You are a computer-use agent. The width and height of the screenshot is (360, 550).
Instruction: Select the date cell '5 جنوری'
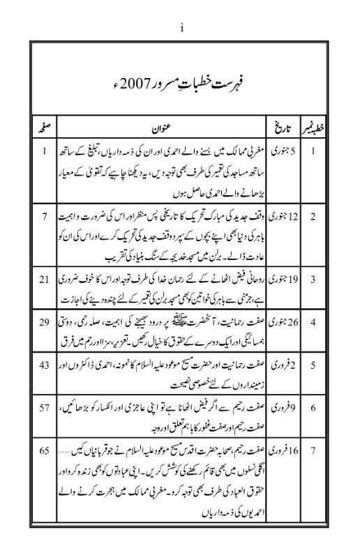point(280,151)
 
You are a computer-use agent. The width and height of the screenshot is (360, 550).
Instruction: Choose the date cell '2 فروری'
point(280,365)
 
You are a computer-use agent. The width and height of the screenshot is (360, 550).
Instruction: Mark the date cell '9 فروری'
point(280,406)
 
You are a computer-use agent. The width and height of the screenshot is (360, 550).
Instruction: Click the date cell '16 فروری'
point(280,450)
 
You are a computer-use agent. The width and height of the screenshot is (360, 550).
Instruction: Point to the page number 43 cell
point(44,365)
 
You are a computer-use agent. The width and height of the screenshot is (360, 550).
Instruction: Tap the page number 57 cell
point(44,406)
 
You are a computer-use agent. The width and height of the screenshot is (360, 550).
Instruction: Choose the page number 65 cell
point(44,450)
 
